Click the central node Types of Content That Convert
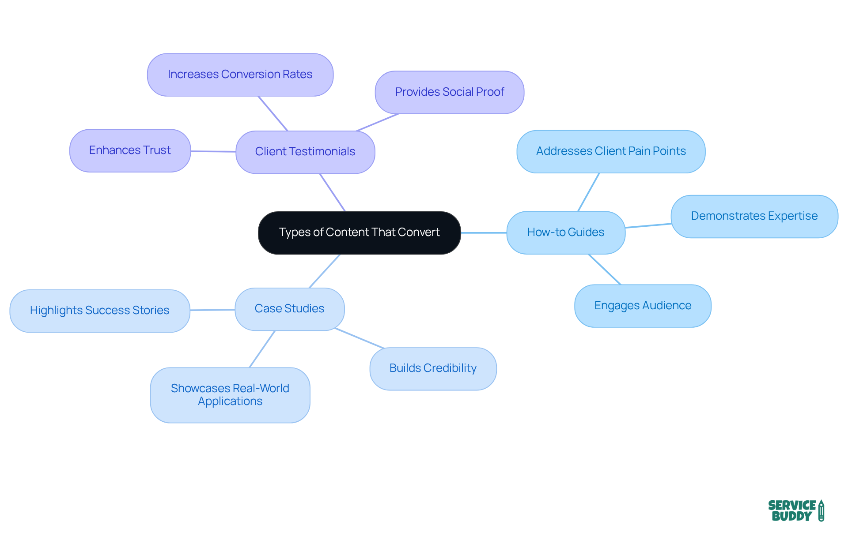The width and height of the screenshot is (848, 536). click(359, 232)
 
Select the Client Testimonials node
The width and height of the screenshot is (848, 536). click(305, 152)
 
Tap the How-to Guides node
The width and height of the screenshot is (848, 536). click(565, 232)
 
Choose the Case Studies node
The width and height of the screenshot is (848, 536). click(289, 309)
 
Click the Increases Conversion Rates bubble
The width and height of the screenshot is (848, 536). click(240, 75)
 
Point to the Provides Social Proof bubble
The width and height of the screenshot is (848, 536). click(449, 92)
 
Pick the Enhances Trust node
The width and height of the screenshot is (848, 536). click(130, 150)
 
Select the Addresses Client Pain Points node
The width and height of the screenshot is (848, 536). click(610, 151)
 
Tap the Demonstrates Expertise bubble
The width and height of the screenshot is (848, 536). click(754, 216)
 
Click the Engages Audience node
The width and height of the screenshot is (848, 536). click(642, 306)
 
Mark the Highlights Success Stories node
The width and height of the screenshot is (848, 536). click(99, 311)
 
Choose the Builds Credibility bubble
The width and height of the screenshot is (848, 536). click(433, 368)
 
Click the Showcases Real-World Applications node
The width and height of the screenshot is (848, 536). click(230, 395)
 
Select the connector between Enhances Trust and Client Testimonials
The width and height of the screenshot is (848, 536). click(213, 151)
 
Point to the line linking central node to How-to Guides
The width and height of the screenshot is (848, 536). click(484, 232)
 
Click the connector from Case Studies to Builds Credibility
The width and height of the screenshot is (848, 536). click(360, 338)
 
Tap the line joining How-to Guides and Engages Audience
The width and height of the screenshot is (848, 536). click(605, 269)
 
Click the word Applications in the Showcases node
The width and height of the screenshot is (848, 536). click(230, 401)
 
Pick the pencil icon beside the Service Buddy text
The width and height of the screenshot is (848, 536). click(821, 511)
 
